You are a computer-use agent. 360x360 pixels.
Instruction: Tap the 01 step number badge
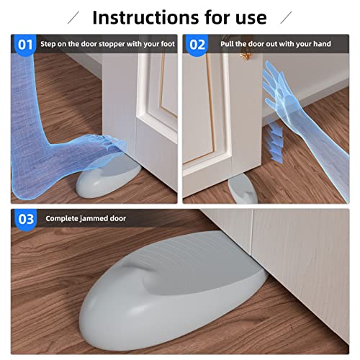(x=25, y=45)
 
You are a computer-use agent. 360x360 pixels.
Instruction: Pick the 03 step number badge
(x=25, y=219)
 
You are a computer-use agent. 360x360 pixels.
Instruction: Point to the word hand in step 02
(x=320, y=45)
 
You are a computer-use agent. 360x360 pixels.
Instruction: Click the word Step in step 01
(x=50, y=45)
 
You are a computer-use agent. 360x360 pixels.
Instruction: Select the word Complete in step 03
(x=60, y=219)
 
